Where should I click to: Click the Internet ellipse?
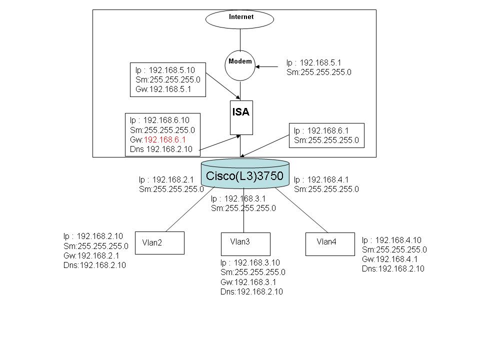pyautogui.click(x=240, y=19)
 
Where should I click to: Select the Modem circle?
pyautogui.click(x=240, y=64)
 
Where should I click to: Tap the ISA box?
pyautogui.click(x=241, y=117)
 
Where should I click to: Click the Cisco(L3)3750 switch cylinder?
pyautogui.click(x=245, y=175)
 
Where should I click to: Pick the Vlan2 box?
pyautogui.click(x=159, y=243)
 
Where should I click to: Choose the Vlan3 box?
pyautogui.click(x=245, y=243)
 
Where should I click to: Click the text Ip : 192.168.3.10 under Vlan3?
pyautogui.click(x=250, y=263)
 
